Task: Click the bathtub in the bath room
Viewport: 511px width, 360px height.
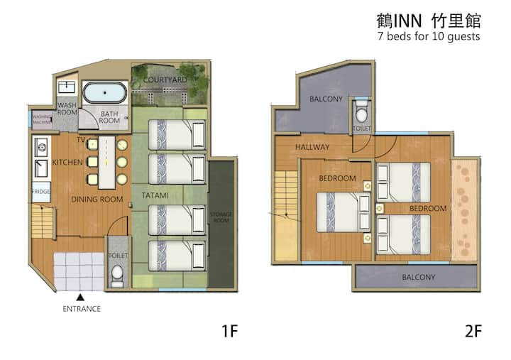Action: [104, 92]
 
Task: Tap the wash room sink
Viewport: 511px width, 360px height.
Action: [67, 87]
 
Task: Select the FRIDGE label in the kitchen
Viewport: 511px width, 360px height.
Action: [41, 192]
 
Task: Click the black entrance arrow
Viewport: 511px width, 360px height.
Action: [80, 298]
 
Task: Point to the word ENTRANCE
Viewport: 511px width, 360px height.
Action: [82, 309]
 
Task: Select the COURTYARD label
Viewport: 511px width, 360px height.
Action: [165, 80]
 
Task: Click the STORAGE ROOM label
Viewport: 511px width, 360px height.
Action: [221, 217]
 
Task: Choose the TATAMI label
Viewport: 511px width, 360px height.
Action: [155, 195]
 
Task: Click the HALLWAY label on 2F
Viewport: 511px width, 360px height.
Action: [312, 147]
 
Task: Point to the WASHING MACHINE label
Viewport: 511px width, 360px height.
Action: [42, 119]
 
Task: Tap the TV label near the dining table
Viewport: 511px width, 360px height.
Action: [81, 140]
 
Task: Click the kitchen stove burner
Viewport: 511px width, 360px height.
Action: [41, 148]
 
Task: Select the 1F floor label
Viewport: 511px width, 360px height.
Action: [230, 331]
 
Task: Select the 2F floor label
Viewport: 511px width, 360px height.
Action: [473, 331]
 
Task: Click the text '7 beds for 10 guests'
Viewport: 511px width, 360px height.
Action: [429, 36]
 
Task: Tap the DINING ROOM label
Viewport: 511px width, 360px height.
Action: [97, 200]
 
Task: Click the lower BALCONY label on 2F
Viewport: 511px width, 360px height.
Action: [419, 277]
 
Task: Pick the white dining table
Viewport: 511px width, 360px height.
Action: [106, 163]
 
